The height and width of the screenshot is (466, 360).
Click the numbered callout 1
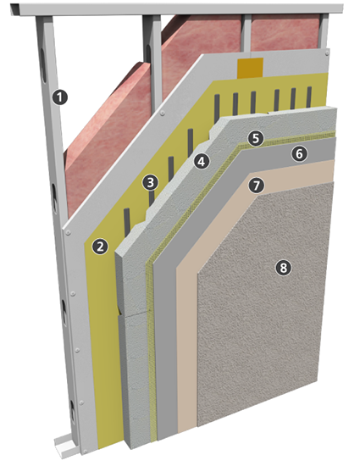(60, 97)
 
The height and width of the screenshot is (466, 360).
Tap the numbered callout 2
(100, 247)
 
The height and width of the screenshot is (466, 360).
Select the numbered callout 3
(150, 182)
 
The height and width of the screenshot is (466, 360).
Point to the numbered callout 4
(202, 161)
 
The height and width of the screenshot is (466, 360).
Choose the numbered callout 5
(256, 138)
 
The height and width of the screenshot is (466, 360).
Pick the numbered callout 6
(299, 153)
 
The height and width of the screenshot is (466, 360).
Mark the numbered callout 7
(257, 186)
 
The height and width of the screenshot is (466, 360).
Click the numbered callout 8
(283, 267)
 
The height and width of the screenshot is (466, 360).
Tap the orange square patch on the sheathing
(250, 68)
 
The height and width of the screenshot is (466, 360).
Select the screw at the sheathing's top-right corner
(327, 53)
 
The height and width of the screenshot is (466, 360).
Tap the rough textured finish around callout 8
(264, 303)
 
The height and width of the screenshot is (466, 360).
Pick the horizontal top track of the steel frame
(177, 8)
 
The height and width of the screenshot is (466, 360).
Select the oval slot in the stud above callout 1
(44, 64)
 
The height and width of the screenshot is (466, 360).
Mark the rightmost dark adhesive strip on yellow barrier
(309, 97)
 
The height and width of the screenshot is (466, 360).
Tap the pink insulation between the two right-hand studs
(285, 32)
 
